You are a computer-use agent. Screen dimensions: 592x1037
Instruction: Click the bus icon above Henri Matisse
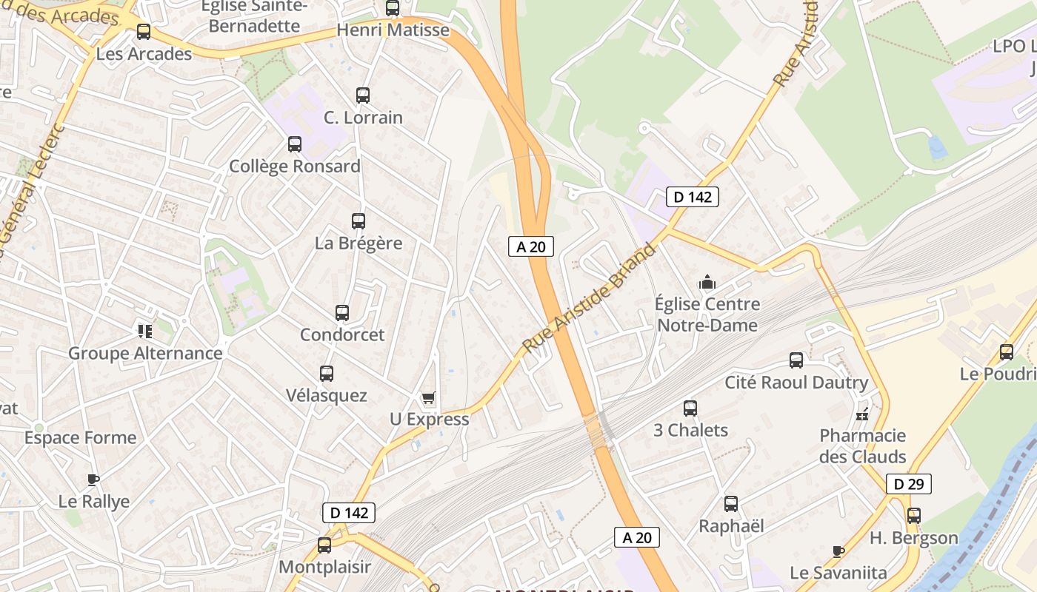[393, 9]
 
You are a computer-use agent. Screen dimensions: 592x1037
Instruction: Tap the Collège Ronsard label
[295, 166]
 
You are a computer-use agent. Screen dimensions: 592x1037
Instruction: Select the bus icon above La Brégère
[359, 221]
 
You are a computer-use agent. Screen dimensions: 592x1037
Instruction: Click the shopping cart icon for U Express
[428, 398]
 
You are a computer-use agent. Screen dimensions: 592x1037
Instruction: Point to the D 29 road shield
[908, 484]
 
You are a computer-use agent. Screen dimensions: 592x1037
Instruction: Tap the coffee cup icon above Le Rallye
[93, 480]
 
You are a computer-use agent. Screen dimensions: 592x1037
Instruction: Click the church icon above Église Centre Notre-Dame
[707, 282]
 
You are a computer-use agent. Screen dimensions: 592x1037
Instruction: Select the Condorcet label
[342, 334]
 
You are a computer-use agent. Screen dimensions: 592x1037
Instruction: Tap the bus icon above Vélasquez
[327, 374]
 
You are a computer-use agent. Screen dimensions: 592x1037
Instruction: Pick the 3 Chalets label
[690, 430]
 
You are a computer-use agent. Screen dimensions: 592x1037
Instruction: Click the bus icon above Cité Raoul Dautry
[796, 360]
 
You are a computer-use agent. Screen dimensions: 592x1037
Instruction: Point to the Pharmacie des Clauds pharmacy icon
[862, 414]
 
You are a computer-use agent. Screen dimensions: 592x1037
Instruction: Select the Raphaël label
[731, 526]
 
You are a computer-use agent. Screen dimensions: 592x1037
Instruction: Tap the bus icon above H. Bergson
[914, 516]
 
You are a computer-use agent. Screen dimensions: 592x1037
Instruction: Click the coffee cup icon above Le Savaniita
[838, 551]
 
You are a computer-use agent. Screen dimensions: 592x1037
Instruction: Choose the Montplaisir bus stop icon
[324, 545]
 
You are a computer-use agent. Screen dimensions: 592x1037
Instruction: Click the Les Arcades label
[144, 54]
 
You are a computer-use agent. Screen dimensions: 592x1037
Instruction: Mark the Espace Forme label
[80, 437]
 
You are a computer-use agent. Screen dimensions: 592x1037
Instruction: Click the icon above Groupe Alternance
[144, 331]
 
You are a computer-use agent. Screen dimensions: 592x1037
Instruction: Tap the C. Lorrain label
[363, 118]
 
